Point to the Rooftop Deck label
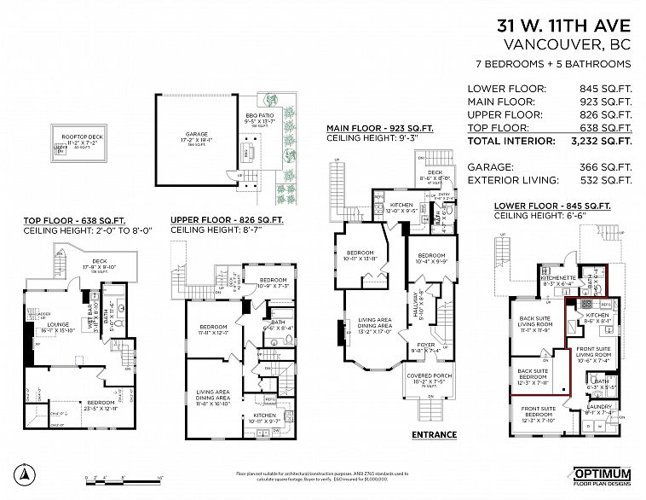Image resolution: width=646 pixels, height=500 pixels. tap(77, 136)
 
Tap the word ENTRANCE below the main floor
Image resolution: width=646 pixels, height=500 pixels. tap(434, 435)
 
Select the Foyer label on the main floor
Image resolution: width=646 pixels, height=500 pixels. tap(424, 346)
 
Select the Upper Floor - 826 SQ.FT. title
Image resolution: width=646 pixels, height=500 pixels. tap(227, 219)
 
